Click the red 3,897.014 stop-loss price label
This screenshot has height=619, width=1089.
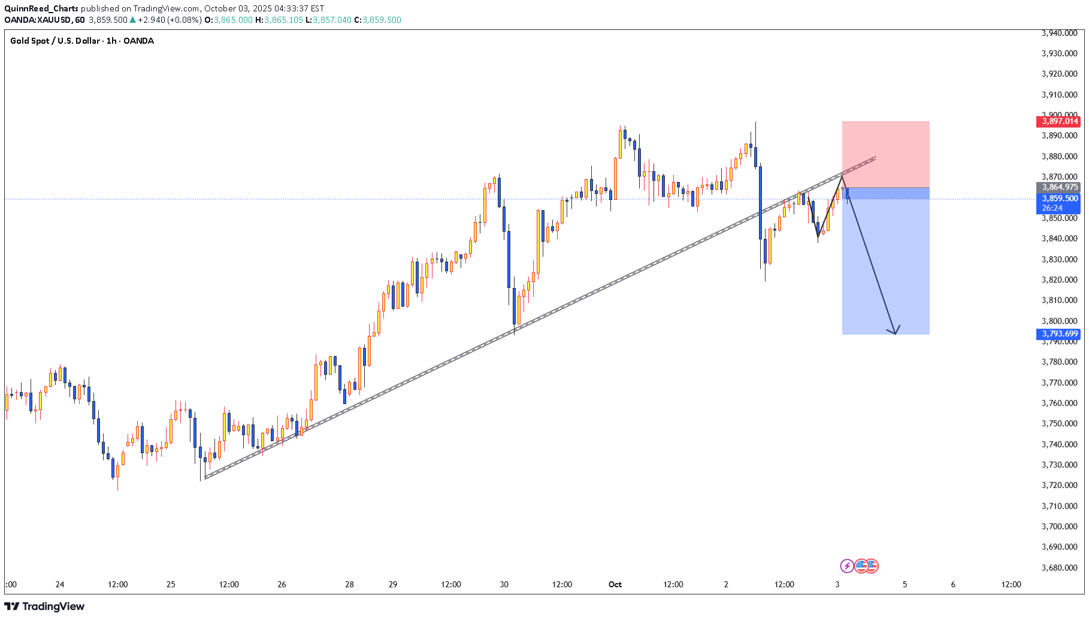(x=1058, y=122)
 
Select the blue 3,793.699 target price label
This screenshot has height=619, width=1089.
(x=1058, y=334)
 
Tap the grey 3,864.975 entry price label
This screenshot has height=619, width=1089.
(x=1058, y=187)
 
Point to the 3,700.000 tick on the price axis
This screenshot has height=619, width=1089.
(x=1059, y=526)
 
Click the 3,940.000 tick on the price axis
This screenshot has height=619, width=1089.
(x=1059, y=34)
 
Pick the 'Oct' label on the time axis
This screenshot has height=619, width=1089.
(x=615, y=584)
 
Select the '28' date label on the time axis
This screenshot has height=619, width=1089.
(x=349, y=584)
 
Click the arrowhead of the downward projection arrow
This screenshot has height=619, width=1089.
(x=894, y=332)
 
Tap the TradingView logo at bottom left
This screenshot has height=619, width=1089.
(x=44, y=606)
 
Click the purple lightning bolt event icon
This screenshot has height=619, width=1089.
(x=846, y=566)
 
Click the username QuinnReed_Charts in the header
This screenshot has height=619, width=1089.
(x=41, y=8)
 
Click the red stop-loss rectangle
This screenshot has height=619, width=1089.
(x=885, y=154)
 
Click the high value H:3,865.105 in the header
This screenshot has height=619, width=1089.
(x=279, y=20)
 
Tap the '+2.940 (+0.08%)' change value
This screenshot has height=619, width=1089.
(x=170, y=20)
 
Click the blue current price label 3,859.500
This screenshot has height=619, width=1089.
(x=1058, y=199)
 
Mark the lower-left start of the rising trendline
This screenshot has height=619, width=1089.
(x=205, y=478)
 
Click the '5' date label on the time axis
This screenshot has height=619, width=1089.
(x=905, y=584)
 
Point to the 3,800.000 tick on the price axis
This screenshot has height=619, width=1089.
(x=1059, y=321)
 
